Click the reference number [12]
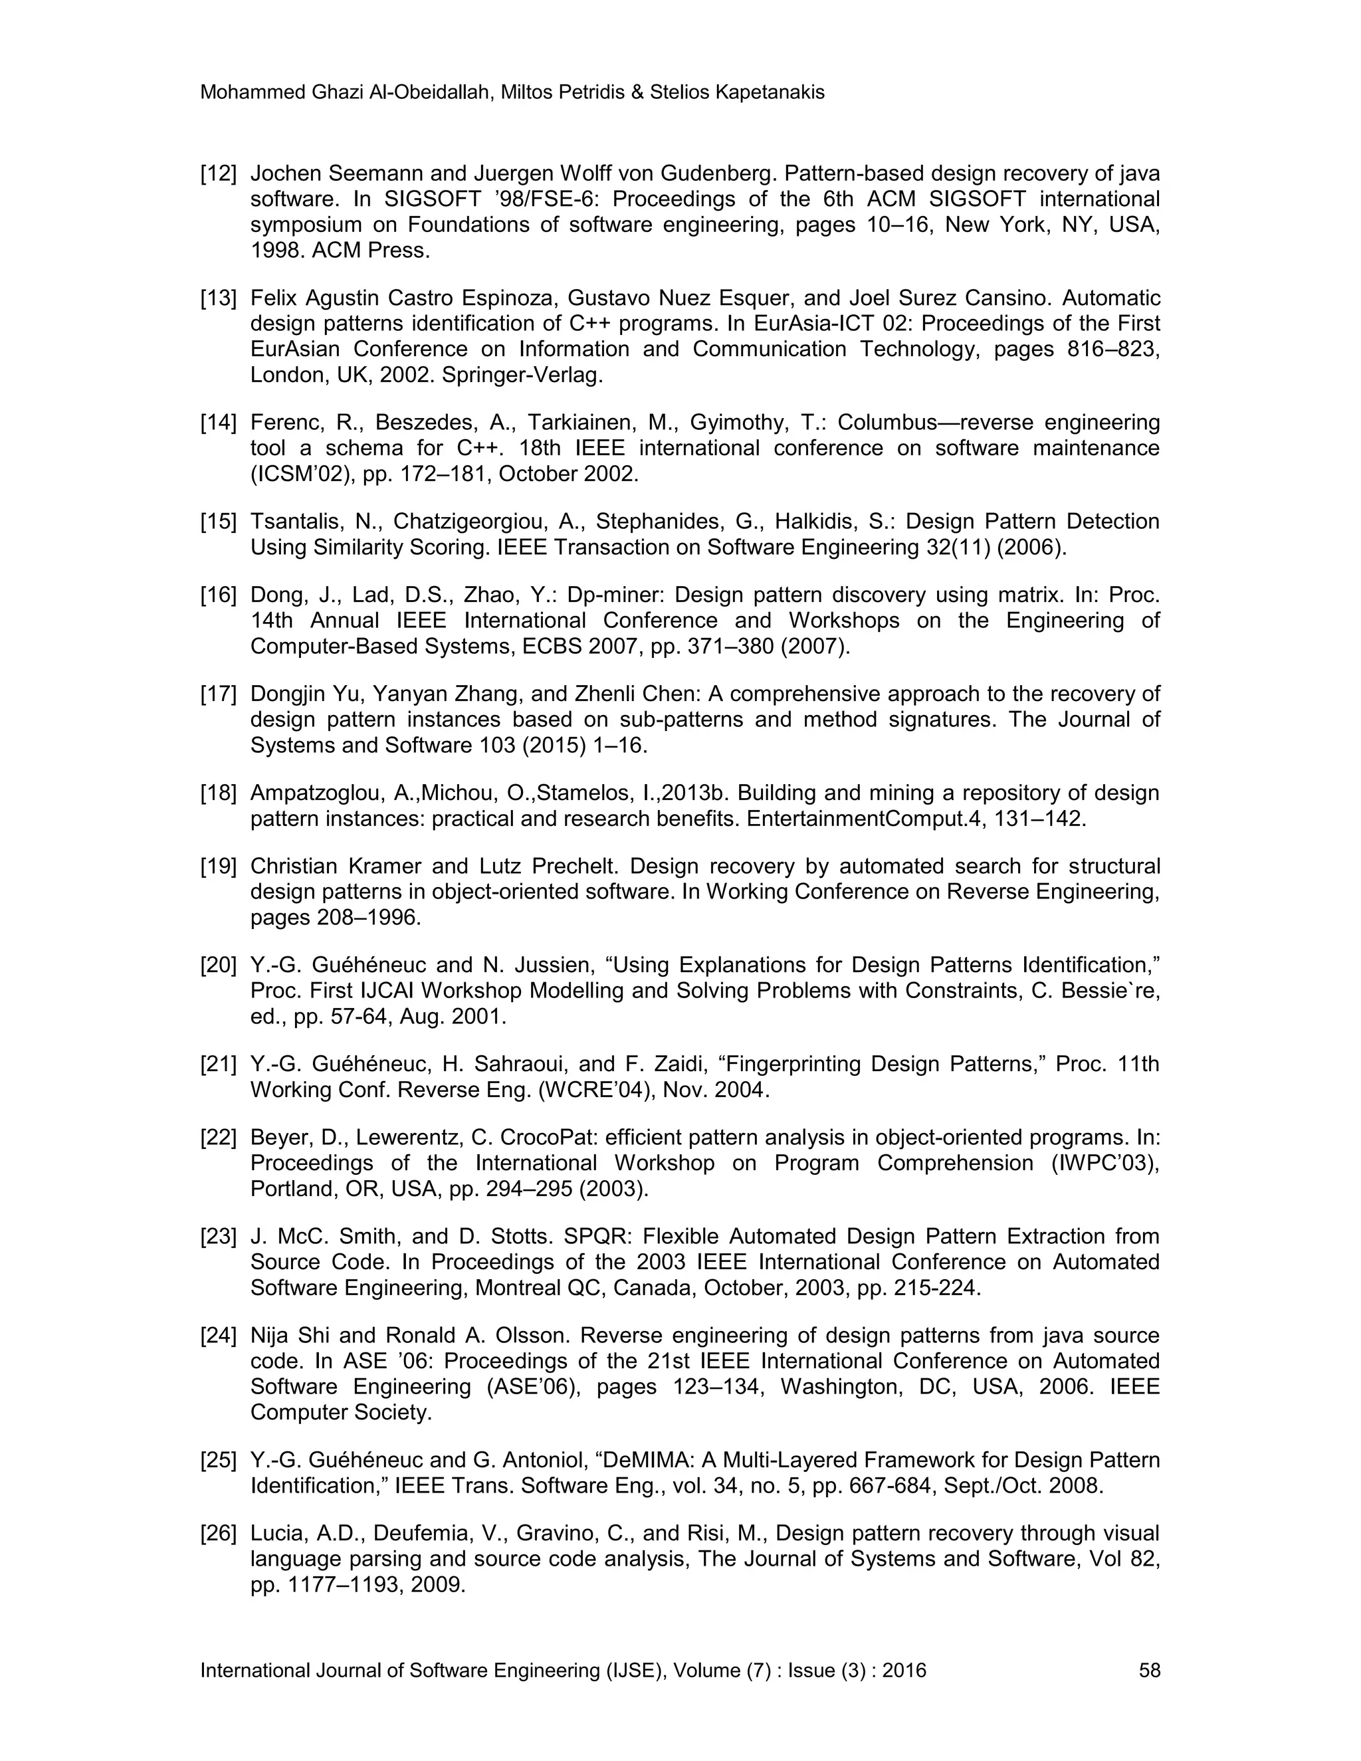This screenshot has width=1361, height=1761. (x=218, y=173)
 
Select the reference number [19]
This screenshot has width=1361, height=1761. (x=218, y=866)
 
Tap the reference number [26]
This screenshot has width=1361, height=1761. (x=218, y=1533)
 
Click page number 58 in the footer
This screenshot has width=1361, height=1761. (x=1149, y=1670)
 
